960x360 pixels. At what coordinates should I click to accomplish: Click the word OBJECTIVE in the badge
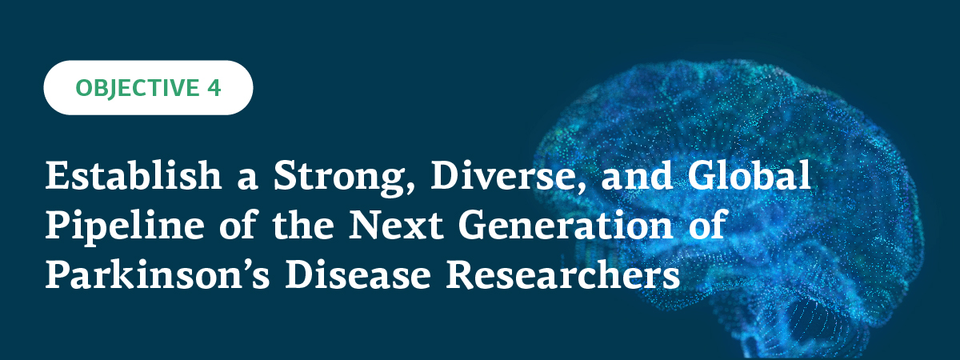click(137, 88)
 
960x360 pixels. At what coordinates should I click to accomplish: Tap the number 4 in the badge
click(214, 87)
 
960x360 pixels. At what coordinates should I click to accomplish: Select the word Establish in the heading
click(134, 175)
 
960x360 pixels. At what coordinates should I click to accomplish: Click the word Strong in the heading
click(338, 178)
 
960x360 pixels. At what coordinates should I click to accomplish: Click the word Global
click(750, 175)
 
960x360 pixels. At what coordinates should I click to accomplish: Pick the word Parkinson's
click(158, 274)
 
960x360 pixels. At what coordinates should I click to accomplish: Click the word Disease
click(358, 274)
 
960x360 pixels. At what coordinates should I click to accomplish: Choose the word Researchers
click(562, 274)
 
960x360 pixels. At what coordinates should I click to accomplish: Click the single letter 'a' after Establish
click(247, 180)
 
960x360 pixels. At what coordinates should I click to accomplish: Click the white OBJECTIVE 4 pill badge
click(148, 87)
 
